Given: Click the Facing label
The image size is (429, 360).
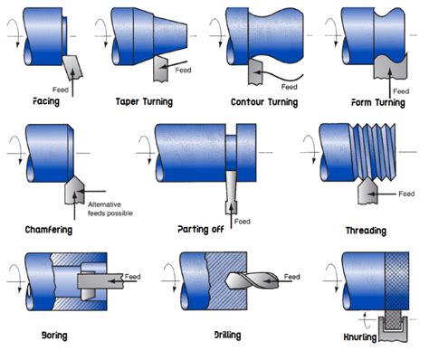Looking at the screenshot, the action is click(x=46, y=101).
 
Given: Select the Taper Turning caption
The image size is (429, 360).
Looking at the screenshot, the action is click(x=144, y=102).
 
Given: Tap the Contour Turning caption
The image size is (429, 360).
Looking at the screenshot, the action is click(x=264, y=102).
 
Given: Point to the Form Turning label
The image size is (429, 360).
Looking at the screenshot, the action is click(x=378, y=103).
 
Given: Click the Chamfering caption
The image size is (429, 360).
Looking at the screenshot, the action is click(x=49, y=230).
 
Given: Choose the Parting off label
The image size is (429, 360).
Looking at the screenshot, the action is click(x=201, y=230).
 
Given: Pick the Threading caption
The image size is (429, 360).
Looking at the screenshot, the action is click(x=366, y=231).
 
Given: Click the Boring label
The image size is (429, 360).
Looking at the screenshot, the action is click(x=54, y=336).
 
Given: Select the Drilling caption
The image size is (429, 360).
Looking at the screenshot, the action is click(x=227, y=335).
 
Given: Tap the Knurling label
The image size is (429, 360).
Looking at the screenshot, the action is click(x=360, y=336).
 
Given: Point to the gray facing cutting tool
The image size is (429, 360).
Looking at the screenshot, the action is click(x=72, y=68).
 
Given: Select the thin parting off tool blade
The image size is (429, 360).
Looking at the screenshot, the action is click(x=231, y=192).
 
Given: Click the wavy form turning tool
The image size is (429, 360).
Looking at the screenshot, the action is click(x=390, y=67).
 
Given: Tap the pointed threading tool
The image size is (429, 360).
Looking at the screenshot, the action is click(x=367, y=191).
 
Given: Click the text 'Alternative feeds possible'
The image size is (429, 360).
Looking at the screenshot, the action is click(x=110, y=209).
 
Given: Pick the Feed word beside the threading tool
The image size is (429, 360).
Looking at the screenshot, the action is click(x=406, y=194).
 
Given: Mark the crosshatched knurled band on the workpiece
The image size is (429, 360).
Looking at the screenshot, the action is click(x=396, y=281).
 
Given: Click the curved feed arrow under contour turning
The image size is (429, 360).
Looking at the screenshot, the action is click(x=278, y=75).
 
